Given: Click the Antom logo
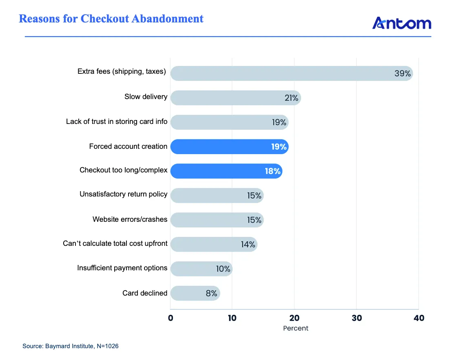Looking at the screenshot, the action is pyautogui.click(x=401, y=23).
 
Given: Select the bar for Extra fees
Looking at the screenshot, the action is pyautogui.click(x=292, y=73).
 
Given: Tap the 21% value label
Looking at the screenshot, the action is pyautogui.click(x=291, y=98).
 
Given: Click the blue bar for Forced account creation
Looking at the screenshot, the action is pyautogui.click(x=229, y=146).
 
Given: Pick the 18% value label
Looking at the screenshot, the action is pyautogui.click(x=273, y=171).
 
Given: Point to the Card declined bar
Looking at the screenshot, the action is pyautogui.click(x=195, y=293).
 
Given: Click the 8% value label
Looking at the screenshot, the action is pyautogui.click(x=211, y=293).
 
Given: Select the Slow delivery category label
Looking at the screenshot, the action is pyautogui.click(x=146, y=97).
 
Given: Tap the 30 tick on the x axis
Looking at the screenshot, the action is pyautogui.click(x=357, y=318).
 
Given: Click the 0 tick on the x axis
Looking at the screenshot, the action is pyautogui.click(x=171, y=318).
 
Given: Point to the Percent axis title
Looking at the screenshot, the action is pyautogui.click(x=296, y=328).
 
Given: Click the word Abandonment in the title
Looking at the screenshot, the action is pyautogui.click(x=167, y=18).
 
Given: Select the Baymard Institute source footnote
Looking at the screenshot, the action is pyautogui.click(x=71, y=346).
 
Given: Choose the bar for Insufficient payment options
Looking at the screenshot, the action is pyautogui.click(x=202, y=269).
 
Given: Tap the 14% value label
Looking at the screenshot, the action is pyautogui.click(x=248, y=244).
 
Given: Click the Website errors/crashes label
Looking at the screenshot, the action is pyautogui.click(x=130, y=219).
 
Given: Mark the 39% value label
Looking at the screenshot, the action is pyautogui.click(x=403, y=73).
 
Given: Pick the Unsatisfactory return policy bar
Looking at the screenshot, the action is pyautogui.click(x=217, y=195).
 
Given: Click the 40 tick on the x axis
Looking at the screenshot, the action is pyautogui.click(x=419, y=318).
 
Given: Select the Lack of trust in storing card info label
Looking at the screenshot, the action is pyautogui.click(x=117, y=121).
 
